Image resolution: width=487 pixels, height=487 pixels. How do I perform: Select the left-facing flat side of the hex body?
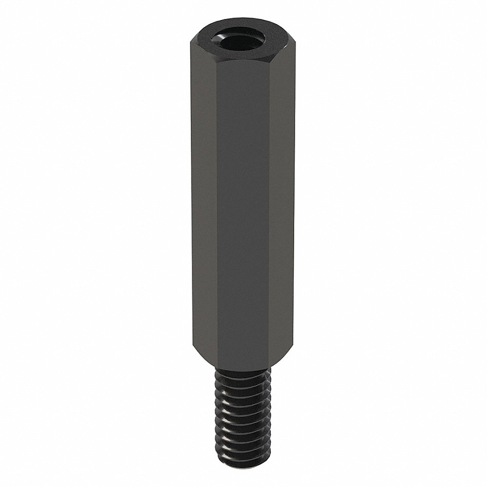pos(204,195)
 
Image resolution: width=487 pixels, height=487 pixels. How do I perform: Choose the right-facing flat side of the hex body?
pos(282,195)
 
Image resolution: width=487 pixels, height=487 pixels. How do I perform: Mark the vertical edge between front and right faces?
pos(269,205)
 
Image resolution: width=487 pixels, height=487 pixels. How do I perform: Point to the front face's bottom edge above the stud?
pos(243,369)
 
